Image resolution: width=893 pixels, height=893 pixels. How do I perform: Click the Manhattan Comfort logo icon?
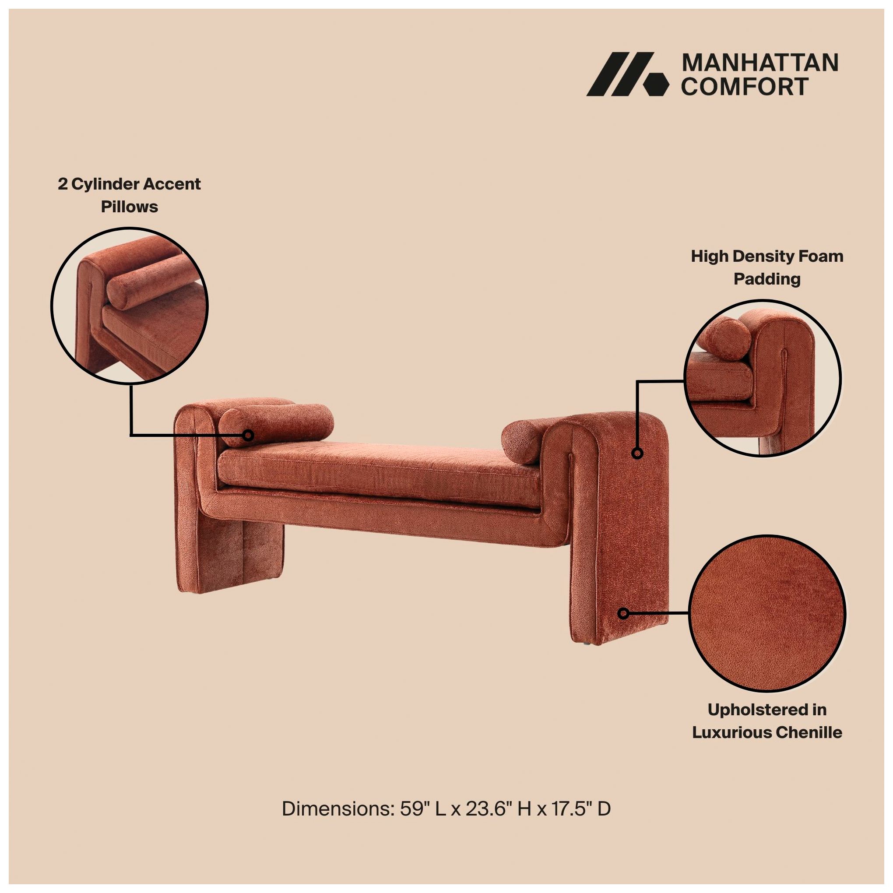click(x=627, y=74)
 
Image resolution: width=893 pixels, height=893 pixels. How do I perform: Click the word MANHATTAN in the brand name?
click(x=760, y=63)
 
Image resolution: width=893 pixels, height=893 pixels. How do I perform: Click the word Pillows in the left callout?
click(x=130, y=207)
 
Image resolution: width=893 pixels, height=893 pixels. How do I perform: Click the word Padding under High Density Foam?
click(x=767, y=279)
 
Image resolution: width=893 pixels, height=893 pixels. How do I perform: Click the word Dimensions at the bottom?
click(x=338, y=821)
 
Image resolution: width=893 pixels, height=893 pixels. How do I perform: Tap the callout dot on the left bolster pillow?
click(x=249, y=435)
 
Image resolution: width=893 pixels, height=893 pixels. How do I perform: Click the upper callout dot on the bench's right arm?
click(x=637, y=454)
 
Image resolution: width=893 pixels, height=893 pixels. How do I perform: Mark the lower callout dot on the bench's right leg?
click(x=623, y=613)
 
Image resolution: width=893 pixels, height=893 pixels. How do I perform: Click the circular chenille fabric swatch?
click(x=767, y=613)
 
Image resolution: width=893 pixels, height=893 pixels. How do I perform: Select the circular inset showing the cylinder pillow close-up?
click(x=130, y=306)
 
